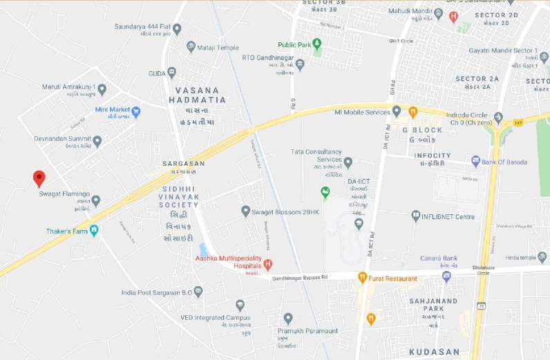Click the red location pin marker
[x=39, y=178]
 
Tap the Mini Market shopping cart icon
[x=136, y=111]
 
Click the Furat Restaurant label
[x=393, y=278]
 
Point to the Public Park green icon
[x=317, y=44]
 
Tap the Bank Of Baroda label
[x=504, y=162]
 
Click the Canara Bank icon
[x=446, y=276]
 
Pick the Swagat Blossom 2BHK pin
[x=245, y=211]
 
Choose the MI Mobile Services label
[x=362, y=112]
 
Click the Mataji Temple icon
[x=191, y=47]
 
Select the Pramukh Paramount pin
[x=288, y=319]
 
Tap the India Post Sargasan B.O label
[x=153, y=292]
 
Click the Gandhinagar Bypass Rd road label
[x=299, y=277]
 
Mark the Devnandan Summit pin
[x=97, y=141]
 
